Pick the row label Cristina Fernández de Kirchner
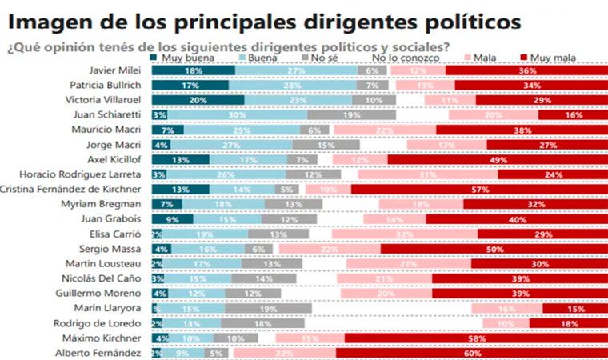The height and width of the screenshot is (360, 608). pos(70,190)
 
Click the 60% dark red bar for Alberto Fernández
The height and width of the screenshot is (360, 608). pos(471,353)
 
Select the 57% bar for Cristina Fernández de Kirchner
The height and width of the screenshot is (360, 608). pos(480,190)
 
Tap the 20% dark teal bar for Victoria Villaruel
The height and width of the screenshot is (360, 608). pos(198,100)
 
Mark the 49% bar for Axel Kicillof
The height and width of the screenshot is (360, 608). pos(498,160)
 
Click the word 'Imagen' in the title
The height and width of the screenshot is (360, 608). pos(45,18)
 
